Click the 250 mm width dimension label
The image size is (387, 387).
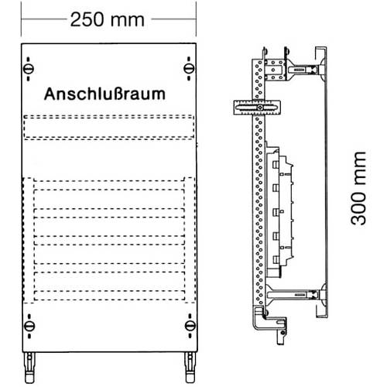click(x=107, y=20)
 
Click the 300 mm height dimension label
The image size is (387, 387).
click(x=358, y=189)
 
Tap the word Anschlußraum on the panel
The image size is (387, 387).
click(x=104, y=94)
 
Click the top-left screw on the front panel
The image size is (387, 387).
click(x=29, y=69)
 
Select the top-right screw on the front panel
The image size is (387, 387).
click(x=189, y=69)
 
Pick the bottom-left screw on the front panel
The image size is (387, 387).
click(x=29, y=326)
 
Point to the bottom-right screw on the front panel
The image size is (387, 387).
click(x=190, y=326)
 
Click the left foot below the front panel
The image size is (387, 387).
click(x=29, y=368)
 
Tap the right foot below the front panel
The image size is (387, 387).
click(x=190, y=368)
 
